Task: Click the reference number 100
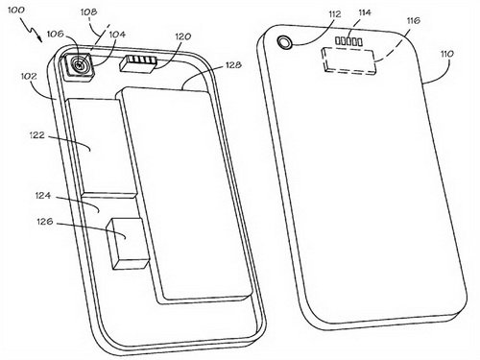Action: [15, 10]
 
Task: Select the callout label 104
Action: [116, 35]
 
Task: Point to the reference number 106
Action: [56, 34]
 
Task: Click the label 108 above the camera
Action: [88, 12]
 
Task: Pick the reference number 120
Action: [182, 36]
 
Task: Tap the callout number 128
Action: [233, 65]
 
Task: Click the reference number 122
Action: [36, 135]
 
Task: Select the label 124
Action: [43, 195]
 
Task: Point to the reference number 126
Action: [45, 221]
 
